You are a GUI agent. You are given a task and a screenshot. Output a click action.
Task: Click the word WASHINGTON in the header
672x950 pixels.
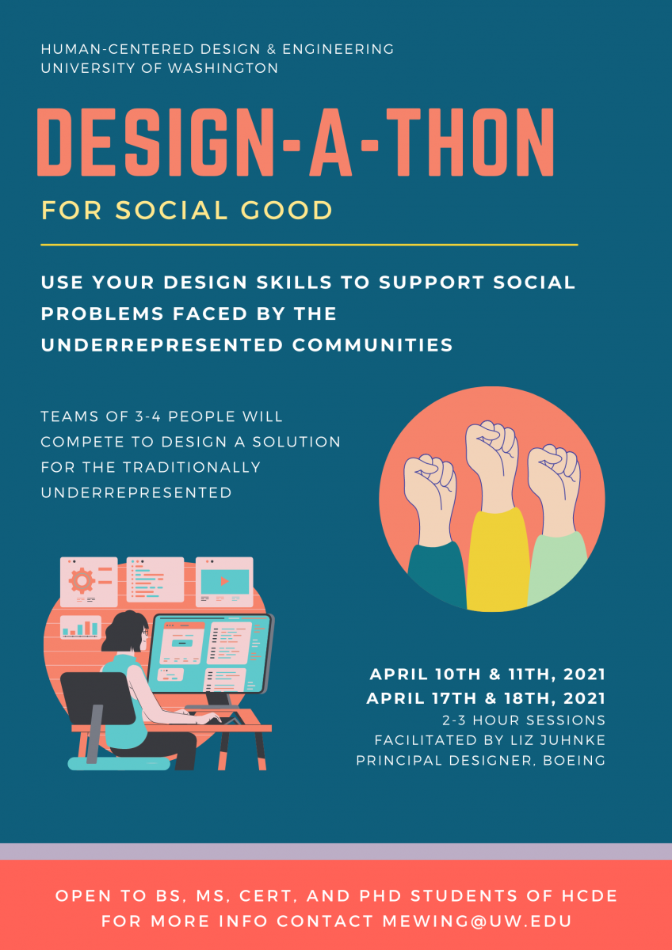click(223, 68)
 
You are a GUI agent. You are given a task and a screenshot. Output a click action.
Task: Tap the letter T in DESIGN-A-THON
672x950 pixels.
click(403, 142)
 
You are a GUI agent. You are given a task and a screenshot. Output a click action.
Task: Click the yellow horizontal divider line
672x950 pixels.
click(309, 245)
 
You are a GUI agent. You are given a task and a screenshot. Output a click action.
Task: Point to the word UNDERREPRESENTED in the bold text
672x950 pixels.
click(162, 345)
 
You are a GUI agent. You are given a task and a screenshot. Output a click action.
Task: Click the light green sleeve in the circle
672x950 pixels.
click(557, 568)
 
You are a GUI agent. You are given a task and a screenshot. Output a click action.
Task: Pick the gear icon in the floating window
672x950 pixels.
click(82, 580)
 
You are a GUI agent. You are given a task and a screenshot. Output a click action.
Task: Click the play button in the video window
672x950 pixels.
click(224, 581)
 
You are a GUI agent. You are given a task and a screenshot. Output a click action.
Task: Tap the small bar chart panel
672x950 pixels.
click(81, 627)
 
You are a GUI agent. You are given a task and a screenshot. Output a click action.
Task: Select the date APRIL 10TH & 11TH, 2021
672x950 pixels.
click(487, 674)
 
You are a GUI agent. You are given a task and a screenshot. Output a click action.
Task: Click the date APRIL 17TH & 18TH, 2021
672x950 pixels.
click(486, 698)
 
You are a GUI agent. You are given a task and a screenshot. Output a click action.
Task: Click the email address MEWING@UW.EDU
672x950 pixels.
click(477, 921)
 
